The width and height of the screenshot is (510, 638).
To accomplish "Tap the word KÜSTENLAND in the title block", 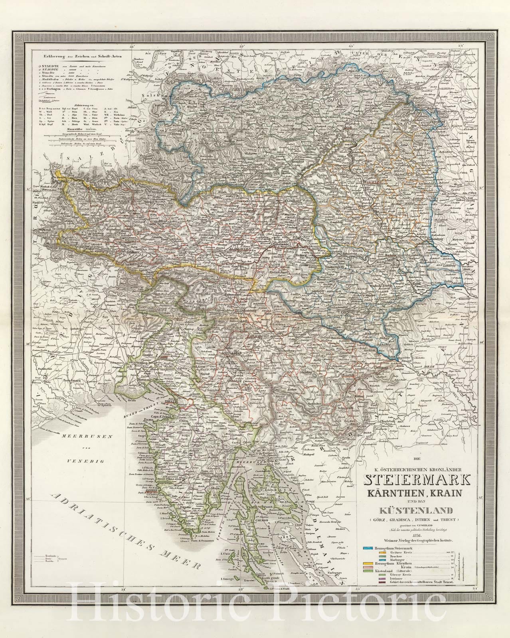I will coord(413,510).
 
